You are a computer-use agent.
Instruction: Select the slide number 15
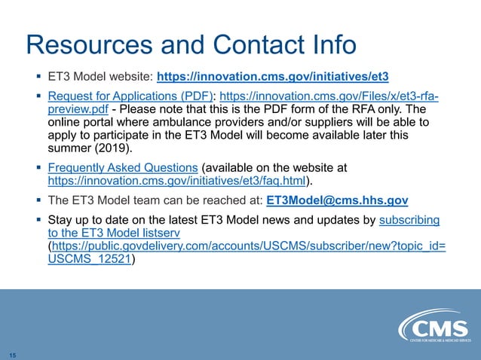13,354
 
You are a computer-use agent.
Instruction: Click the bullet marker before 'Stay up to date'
38,219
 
